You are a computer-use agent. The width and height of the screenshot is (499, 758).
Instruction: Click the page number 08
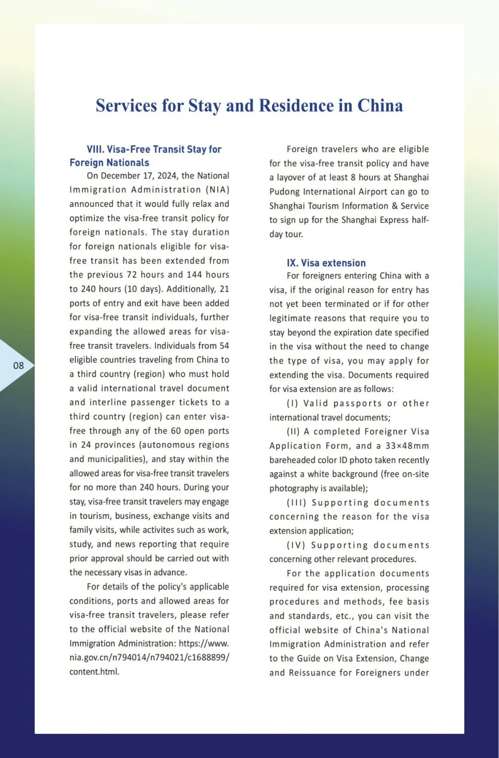(18, 366)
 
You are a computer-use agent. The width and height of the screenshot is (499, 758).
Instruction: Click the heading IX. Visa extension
(326, 263)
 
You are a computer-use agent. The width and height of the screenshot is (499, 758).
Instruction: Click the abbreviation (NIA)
(217, 190)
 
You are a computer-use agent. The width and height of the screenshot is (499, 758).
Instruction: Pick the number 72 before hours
(132, 275)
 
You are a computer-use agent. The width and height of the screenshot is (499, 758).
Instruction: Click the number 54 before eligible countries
(224, 346)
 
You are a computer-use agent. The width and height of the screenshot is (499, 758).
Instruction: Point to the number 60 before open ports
(176, 431)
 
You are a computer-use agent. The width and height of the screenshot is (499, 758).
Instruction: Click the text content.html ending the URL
(94, 672)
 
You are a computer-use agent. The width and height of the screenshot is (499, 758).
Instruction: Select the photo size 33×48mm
(407, 446)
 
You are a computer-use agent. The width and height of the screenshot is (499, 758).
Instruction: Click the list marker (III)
(296, 503)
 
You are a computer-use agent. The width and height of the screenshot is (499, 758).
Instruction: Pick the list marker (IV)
(296, 545)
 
